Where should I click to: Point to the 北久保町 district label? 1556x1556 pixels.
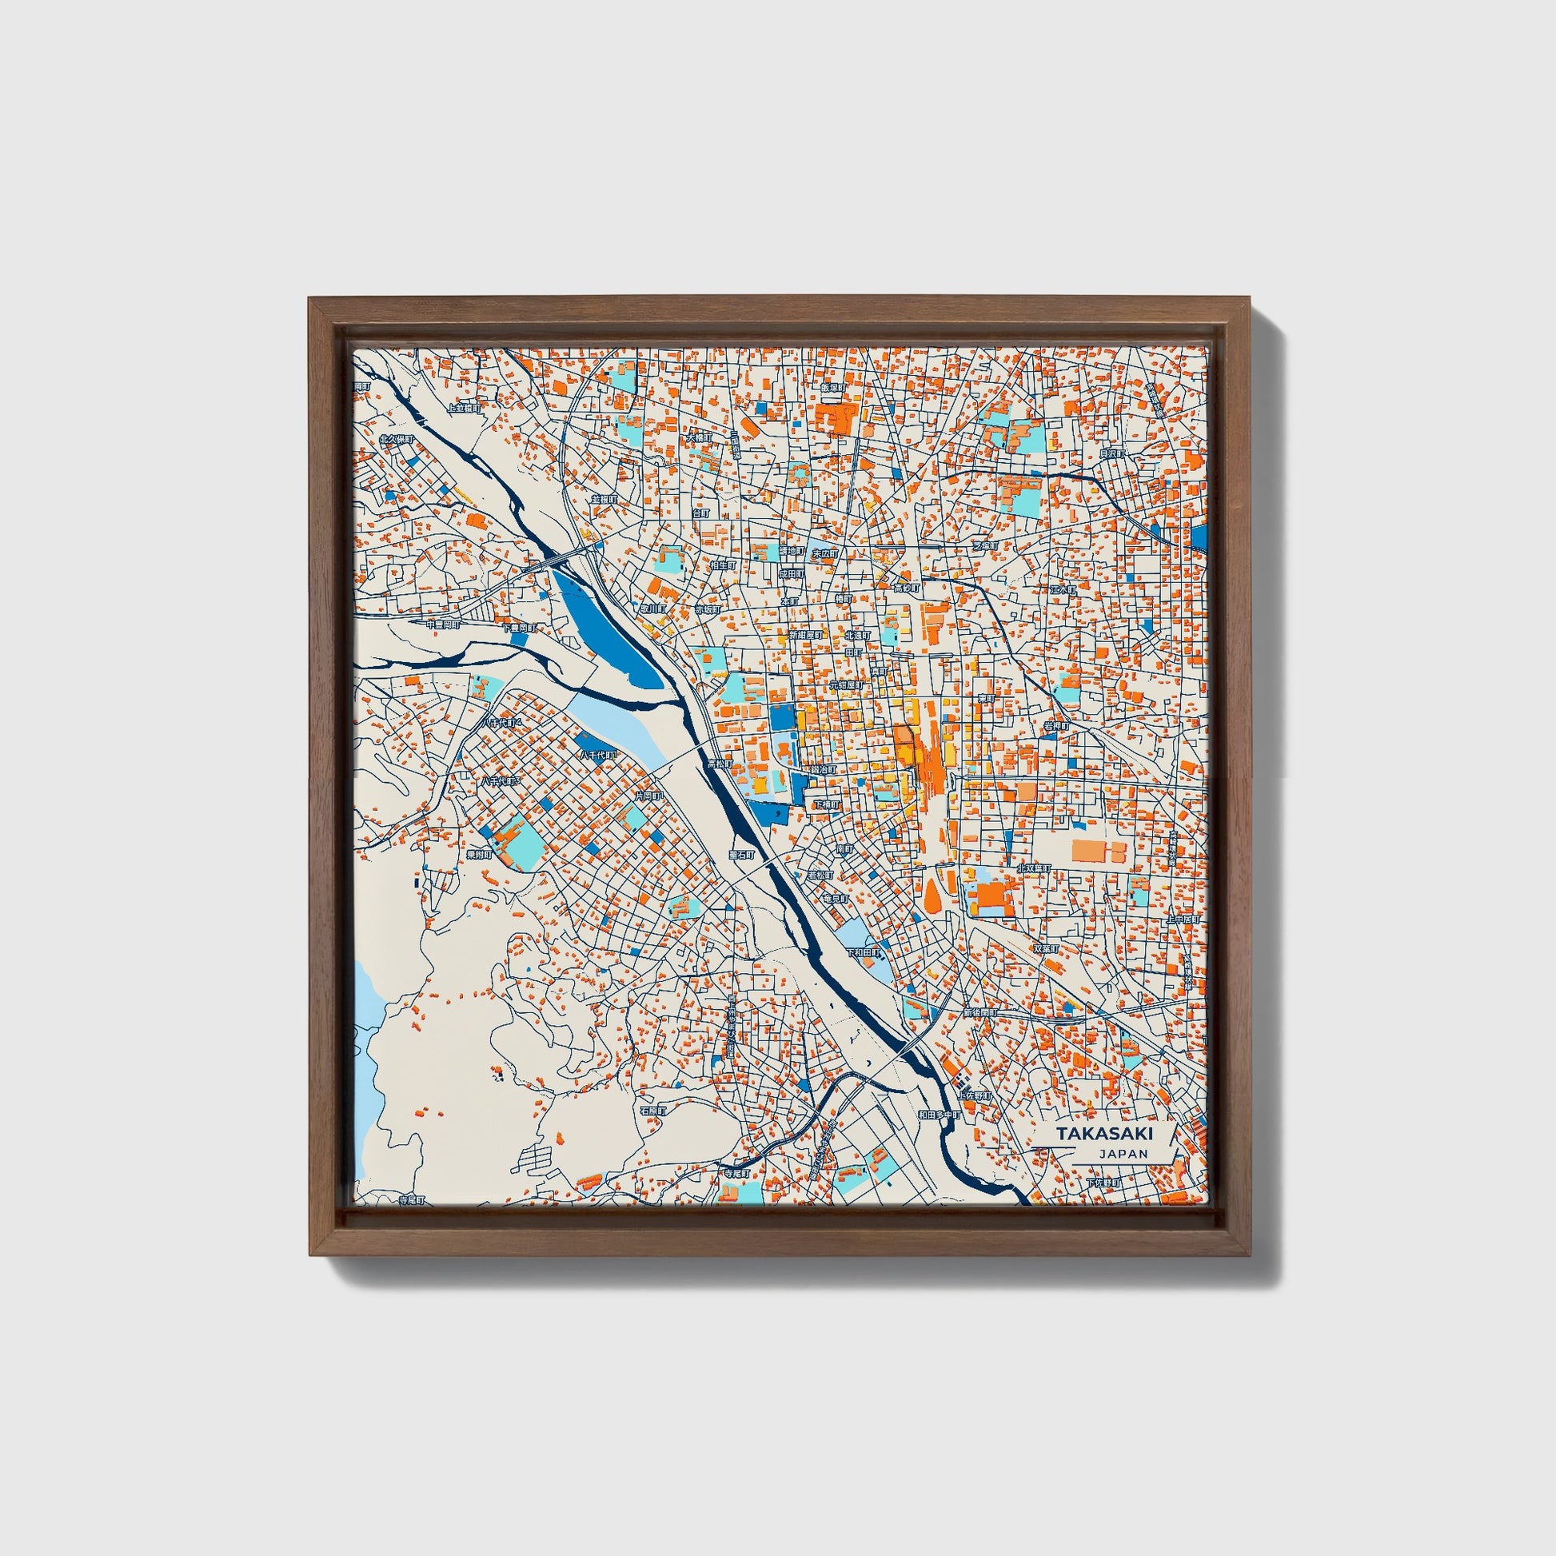click(x=397, y=440)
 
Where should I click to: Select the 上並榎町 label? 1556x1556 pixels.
click(x=464, y=409)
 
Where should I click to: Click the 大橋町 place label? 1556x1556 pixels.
click(x=699, y=438)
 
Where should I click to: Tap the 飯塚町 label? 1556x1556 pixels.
click(x=832, y=387)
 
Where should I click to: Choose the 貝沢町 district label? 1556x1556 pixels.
click(x=1111, y=453)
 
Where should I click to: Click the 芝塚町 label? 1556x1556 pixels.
click(x=984, y=545)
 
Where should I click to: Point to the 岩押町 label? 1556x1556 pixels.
click(x=1055, y=726)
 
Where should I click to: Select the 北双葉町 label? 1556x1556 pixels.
click(x=1034, y=868)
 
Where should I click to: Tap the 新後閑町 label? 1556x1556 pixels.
click(x=979, y=1012)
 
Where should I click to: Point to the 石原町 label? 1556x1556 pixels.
click(x=653, y=1111)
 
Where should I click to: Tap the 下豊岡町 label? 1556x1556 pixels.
click(x=519, y=628)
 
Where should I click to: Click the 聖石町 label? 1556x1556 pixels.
click(x=741, y=854)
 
